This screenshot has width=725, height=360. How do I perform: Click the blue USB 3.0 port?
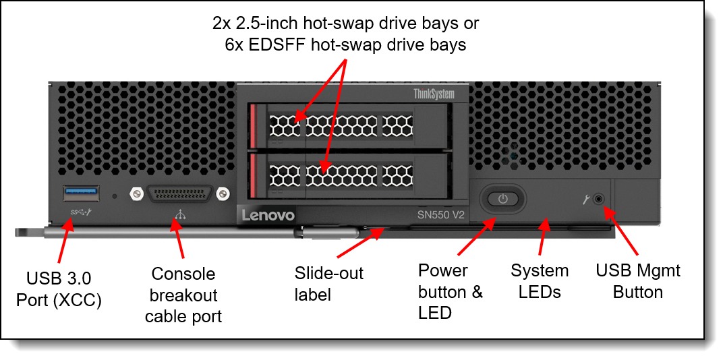82,193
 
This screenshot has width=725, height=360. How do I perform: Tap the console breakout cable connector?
179,193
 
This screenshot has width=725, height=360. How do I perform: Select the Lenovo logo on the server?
268,215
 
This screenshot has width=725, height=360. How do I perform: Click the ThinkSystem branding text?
434,94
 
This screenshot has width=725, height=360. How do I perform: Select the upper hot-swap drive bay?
351,125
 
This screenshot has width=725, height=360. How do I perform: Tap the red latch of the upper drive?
254,125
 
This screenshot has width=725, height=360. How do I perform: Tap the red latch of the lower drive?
254,175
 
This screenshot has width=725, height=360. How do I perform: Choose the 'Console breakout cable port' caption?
183,295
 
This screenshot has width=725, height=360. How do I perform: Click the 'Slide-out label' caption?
329,283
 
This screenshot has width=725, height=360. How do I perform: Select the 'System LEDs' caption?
540,281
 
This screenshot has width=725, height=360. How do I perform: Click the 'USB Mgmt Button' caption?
638,281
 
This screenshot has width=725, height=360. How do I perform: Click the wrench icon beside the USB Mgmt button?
585,199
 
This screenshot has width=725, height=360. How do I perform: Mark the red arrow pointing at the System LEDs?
545,237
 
